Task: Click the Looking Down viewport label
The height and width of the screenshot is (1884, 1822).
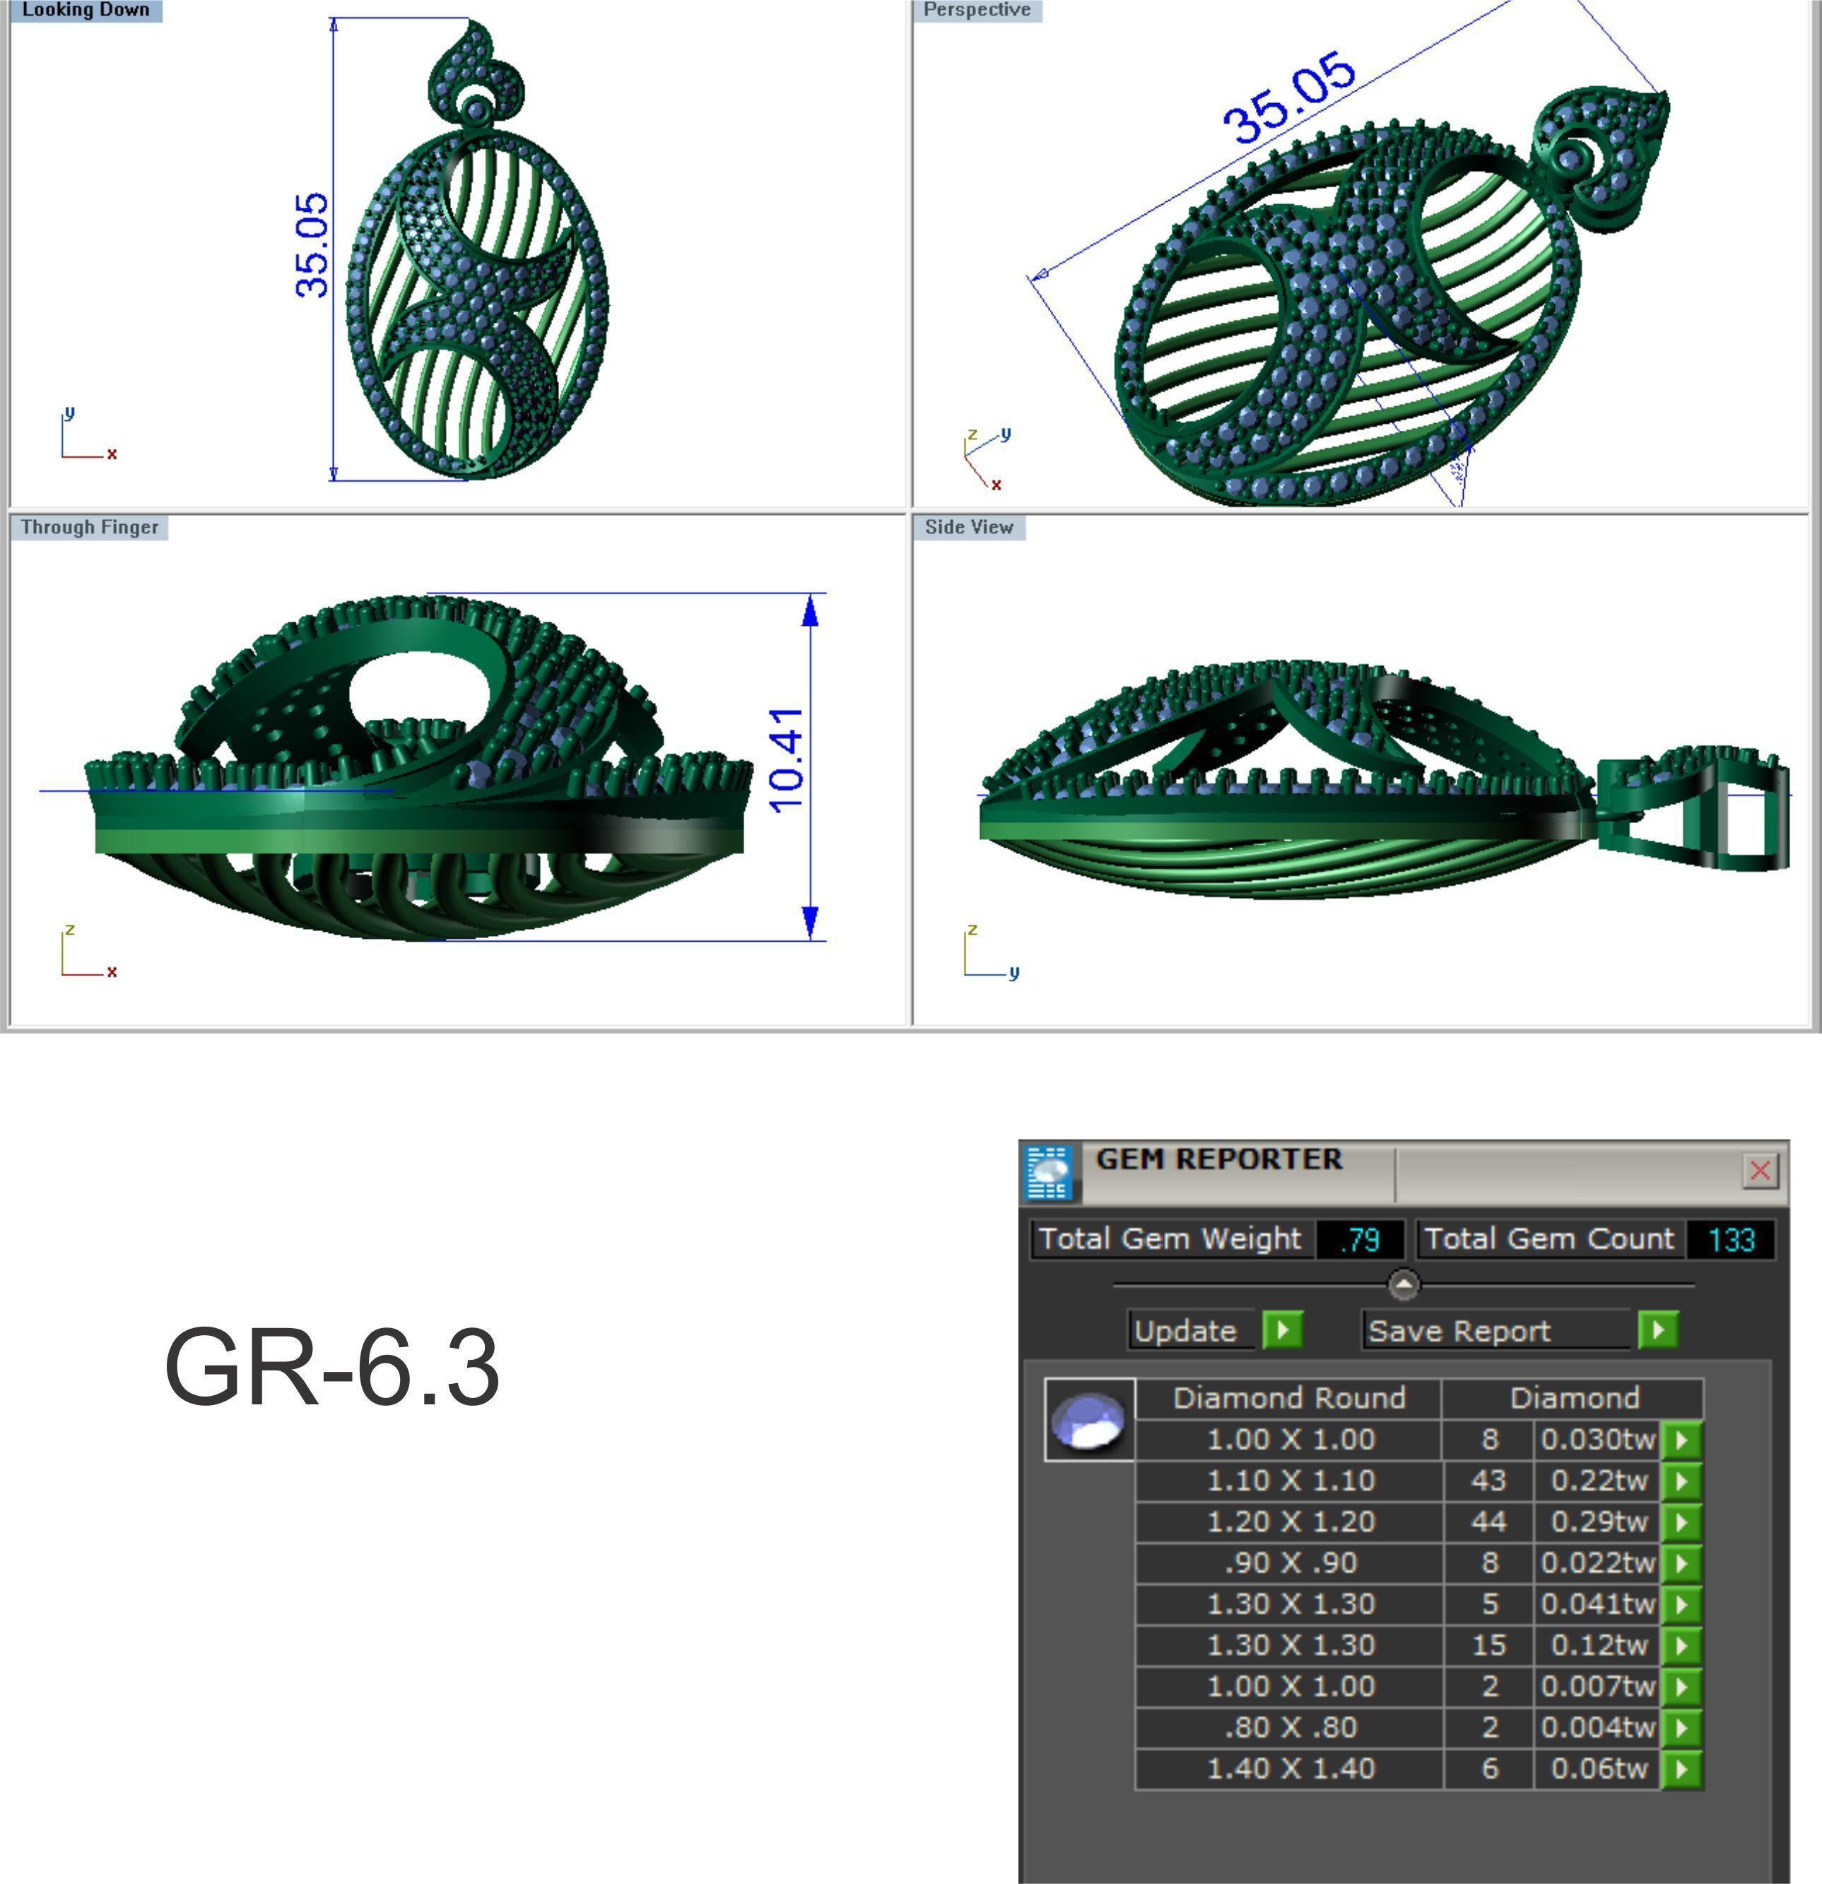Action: tap(85, 11)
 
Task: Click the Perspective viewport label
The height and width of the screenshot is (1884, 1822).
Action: tap(976, 11)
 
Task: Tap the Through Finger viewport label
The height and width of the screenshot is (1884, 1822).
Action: tap(90, 527)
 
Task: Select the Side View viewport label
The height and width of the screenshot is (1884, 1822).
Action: tap(968, 527)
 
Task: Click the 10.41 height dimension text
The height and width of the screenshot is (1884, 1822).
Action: tap(787, 760)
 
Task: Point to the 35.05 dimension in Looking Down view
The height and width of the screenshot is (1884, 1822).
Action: tap(312, 245)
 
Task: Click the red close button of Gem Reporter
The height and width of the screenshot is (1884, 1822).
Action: tap(1760, 1170)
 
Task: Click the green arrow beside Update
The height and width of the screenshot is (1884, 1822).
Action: tap(1281, 1330)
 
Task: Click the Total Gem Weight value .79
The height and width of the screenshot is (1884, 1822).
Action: tap(1360, 1240)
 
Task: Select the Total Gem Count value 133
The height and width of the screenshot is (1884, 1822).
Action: tap(1731, 1240)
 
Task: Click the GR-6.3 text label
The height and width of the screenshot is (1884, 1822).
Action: tap(331, 1367)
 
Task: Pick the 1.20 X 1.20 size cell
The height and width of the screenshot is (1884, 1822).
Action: tap(1289, 1522)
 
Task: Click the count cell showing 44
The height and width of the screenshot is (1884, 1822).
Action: tap(1488, 1522)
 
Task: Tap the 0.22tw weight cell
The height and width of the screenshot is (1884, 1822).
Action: tap(1597, 1481)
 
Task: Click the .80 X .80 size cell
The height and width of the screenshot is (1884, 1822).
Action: tap(1289, 1727)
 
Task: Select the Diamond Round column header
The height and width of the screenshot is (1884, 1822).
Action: tap(1288, 1397)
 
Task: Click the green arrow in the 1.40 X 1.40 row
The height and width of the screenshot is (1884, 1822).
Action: tap(1681, 1769)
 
